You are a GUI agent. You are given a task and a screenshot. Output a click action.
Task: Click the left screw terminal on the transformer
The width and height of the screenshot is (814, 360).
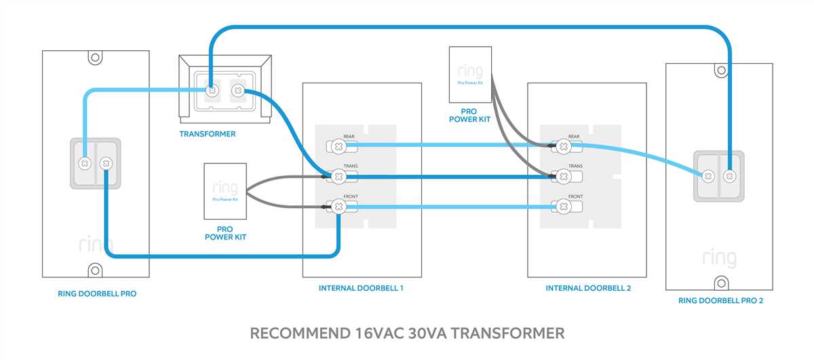212,89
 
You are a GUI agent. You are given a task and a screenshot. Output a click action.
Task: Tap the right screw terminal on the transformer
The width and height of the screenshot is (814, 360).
237,89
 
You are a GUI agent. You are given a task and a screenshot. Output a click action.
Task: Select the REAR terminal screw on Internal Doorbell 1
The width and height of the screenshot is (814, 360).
337,144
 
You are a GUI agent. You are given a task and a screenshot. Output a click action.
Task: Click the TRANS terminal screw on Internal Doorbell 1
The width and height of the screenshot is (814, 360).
337,176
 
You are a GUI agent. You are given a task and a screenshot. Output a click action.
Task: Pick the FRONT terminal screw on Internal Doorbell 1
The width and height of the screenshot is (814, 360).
337,205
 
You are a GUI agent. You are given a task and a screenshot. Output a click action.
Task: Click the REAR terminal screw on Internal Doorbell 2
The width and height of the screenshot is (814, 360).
563,145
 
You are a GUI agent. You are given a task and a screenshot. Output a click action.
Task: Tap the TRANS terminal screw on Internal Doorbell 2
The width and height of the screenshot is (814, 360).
563,176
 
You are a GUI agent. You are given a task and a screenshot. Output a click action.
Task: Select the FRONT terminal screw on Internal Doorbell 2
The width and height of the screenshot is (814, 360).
563,205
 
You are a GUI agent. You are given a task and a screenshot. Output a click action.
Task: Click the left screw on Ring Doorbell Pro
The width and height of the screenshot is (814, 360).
85,163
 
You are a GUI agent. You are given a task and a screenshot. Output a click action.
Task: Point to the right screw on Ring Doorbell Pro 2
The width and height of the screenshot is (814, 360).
729,176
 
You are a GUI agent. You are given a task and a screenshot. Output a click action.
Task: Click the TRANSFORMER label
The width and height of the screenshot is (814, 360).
208,134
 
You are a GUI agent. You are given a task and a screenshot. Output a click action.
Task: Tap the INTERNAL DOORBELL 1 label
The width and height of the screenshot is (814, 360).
361,288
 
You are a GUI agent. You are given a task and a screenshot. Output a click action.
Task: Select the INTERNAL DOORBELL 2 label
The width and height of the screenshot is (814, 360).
588,288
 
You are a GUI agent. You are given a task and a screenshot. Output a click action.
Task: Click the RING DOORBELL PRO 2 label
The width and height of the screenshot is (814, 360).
720,300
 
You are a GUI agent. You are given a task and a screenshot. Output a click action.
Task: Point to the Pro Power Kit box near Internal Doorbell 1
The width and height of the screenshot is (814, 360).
225,191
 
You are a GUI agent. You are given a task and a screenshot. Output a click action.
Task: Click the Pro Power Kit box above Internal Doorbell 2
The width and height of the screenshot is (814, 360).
470,74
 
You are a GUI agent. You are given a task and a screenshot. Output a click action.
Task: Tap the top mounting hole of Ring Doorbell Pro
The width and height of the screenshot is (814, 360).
95,58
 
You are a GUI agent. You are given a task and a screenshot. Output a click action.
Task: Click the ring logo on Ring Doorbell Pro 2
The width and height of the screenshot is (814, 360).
719,258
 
